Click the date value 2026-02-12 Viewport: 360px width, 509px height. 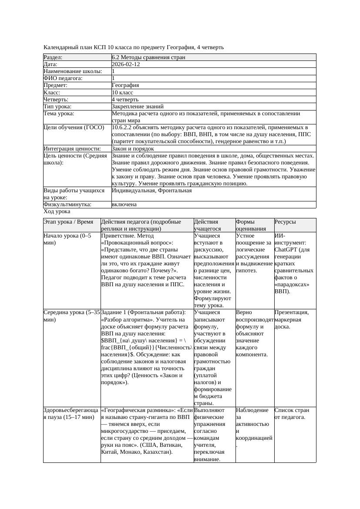pyautogui.click(x=126, y=64)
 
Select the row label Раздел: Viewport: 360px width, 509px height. pyautogui.click(x=53, y=57)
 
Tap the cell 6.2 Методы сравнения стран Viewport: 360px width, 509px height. pyautogui.click(x=148, y=57)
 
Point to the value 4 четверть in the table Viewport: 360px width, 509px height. pyautogui.click(x=125, y=100)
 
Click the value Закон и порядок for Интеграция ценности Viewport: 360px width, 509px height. pyautogui.click(x=133, y=149)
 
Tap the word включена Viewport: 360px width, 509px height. pyautogui.click(x=124, y=204)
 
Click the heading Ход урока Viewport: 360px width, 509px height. pyautogui.click(x=57, y=211)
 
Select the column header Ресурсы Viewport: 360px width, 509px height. pyautogui.click(x=285, y=222)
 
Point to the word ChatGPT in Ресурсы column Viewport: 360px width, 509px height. pyautogui.click(x=286, y=250)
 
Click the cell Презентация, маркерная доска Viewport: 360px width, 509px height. pyautogui.click(x=291, y=316)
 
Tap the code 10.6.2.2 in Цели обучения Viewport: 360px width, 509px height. pyautogui.click(x=123, y=128)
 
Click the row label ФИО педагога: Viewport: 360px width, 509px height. pyautogui.click(x=63, y=78)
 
